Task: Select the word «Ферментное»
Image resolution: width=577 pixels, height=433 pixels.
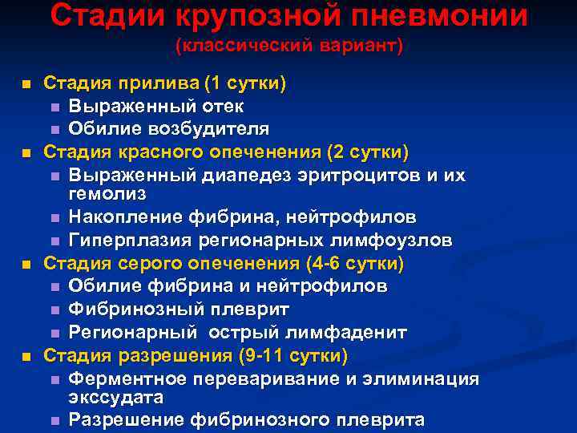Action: (x=120, y=378)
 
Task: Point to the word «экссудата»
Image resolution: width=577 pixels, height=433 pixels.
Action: (x=116, y=398)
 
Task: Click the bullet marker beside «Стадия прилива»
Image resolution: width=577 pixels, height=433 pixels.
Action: (x=26, y=83)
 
